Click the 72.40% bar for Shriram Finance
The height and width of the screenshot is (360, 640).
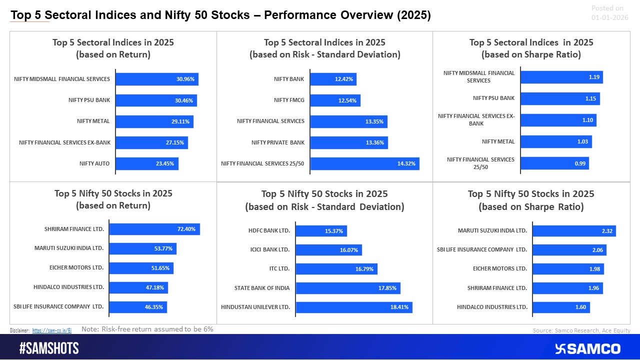[154, 229]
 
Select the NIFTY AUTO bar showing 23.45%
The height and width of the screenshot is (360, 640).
[147, 163]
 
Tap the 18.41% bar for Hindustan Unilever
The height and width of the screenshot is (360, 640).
[353, 307]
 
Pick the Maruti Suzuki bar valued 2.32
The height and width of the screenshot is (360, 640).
[573, 230]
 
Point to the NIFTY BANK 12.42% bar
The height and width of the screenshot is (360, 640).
[333, 79]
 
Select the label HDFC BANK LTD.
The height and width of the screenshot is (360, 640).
[269, 230]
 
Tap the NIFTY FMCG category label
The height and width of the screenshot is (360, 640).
[289, 100]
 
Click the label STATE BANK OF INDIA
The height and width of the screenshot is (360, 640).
[262, 288]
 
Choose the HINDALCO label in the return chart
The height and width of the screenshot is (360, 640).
[68, 287]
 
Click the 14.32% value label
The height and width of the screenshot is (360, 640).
[406, 163]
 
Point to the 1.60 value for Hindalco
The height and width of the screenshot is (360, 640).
[580, 307]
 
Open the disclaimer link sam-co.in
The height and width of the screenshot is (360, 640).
[52, 330]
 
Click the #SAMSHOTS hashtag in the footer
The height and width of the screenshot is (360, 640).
[49, 348]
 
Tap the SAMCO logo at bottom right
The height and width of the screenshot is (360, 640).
[587, 348]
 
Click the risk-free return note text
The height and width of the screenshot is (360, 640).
[147, 329]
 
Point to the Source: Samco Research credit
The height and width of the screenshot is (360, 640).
[581, 330]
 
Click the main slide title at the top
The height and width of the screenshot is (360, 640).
[220, 15]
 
